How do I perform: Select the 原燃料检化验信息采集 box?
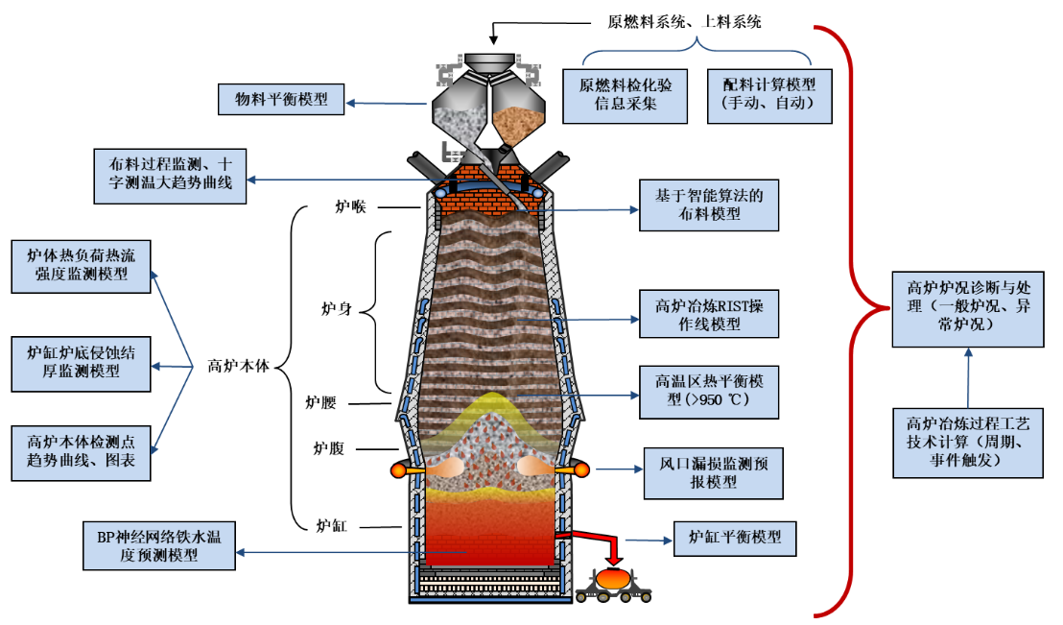coord(626,95)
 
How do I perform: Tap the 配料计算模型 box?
coord(769,95)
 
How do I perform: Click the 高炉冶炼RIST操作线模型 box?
coord(708,315)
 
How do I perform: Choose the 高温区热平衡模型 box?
coord(708,391)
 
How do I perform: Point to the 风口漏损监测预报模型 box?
coord(707,472)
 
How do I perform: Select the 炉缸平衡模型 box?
coord(735,537)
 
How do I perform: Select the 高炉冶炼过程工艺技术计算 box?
coord(967,443)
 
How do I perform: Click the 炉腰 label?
coord(320,401)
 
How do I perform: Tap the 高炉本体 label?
coord(239,365)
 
